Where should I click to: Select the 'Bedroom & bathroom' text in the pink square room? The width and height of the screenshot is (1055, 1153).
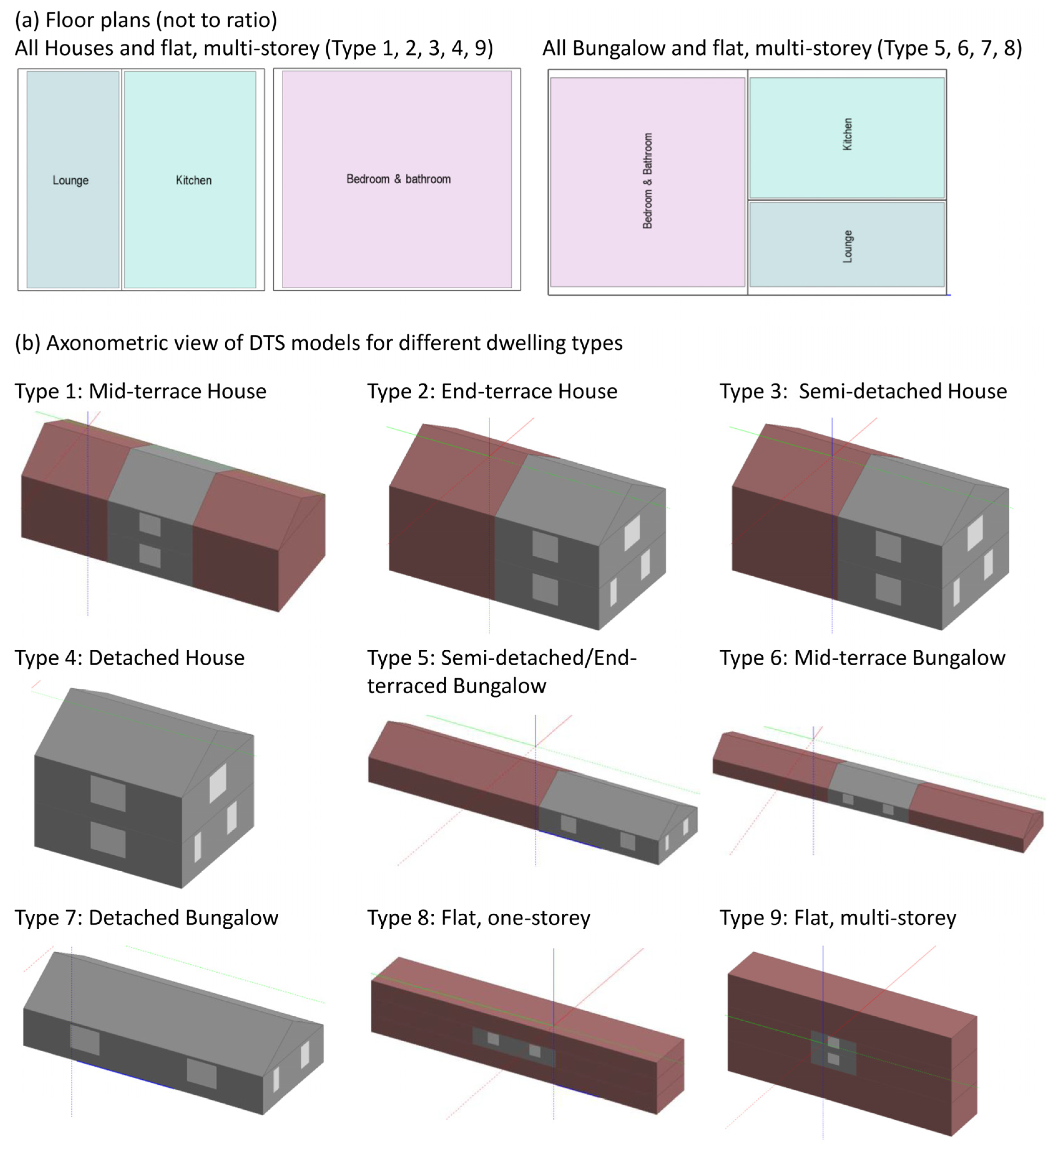(x=398, y=179)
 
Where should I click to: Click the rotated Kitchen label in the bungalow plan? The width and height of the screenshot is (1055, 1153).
(x=847, y=134)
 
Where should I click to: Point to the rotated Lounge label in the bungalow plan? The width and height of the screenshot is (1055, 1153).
(x=847, y=247)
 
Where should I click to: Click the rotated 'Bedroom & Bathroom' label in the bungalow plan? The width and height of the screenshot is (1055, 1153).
(x=647, y=181)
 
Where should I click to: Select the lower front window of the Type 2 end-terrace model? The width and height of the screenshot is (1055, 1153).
(x=545, y=589)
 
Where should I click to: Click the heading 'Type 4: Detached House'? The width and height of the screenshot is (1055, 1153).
(x=130, y=658)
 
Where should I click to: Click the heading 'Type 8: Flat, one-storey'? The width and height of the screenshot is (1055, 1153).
(x=479, y=917)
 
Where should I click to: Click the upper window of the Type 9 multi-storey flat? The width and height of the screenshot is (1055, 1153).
(x=833, y=1043)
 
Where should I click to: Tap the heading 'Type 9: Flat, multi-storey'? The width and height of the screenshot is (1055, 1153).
(x=838, y=917)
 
